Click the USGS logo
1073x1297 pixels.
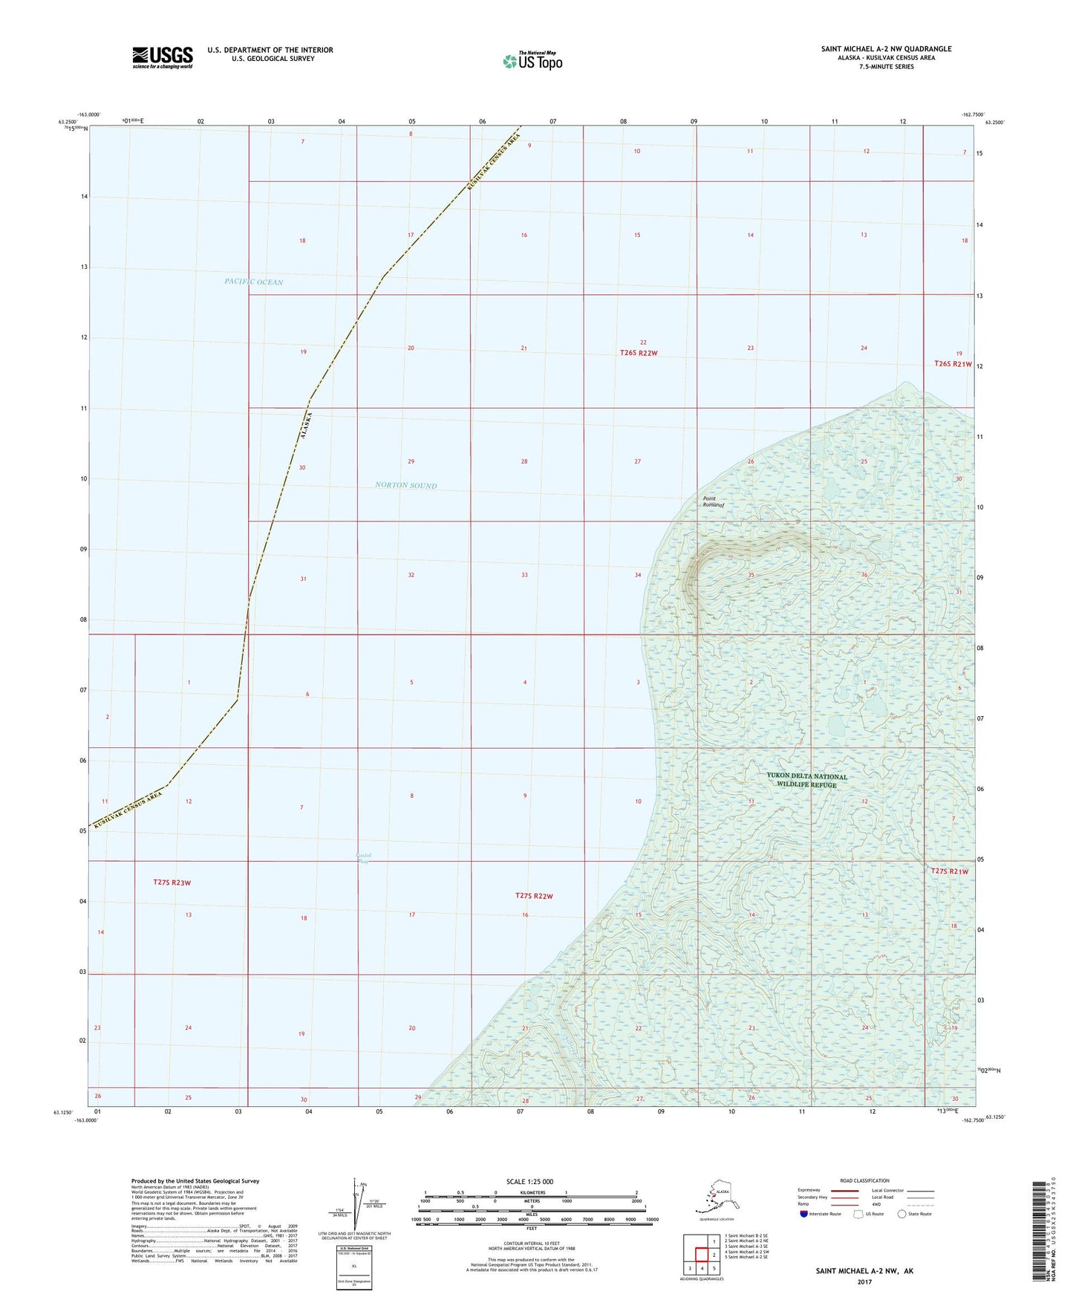[x=162, y=57]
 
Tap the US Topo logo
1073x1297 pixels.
[x=532, y=61]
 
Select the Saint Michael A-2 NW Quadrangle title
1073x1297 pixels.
[x=886, y=49]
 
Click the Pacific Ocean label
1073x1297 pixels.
[x=253, y=282]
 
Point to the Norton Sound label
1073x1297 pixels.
[x=405, y=486]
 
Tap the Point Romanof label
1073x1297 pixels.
[x=713, y=502]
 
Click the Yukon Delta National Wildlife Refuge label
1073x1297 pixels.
[x=806, y=781]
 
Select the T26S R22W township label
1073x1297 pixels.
[x=639, y=353]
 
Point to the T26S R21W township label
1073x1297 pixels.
[x=953, y=364]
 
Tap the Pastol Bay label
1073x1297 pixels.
[x=363, y=858]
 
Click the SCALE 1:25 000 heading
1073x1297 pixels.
[x=530, y=1182]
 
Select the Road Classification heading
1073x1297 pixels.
[x=864, y=1180]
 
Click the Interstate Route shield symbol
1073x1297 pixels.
[x=803, y=1214]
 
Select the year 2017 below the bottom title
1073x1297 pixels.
[x=864, y=1281]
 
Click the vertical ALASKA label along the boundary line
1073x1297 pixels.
[x=304, y=426]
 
